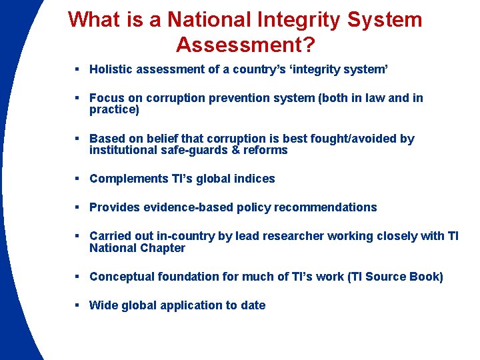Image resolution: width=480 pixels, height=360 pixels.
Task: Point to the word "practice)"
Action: (114, 110)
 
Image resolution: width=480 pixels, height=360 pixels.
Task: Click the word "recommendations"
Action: (325, 207)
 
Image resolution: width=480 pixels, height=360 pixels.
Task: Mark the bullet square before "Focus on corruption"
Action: (79, 99)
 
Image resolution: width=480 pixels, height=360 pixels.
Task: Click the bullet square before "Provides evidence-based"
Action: (79, 207)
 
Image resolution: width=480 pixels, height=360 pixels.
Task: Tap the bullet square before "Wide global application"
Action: (79, 305)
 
